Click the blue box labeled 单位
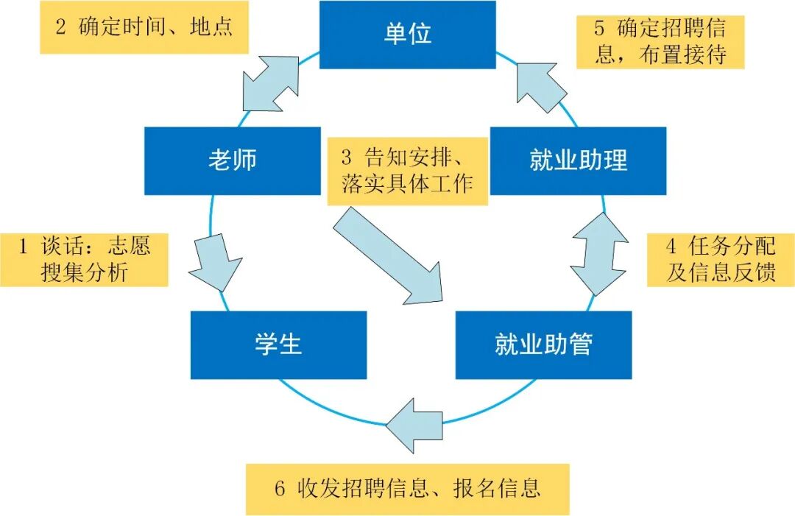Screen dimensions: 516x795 coord(407,35)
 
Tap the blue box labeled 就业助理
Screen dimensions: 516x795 coord(578,160)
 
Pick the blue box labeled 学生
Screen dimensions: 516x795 coord(278,344)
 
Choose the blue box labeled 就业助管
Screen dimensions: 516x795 coord(543,344)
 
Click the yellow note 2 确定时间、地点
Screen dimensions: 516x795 coord(144,27)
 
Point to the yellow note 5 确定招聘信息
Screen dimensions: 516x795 coord(660,42)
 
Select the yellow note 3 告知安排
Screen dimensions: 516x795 coord(407,171)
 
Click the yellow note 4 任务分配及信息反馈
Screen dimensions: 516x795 coord(720,260)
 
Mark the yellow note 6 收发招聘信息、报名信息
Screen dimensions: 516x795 coord(407,489)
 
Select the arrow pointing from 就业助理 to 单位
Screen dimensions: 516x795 coord(542,87)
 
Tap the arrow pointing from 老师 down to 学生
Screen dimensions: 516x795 coord(215,263)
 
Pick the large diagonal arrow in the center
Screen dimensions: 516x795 coord(389,256)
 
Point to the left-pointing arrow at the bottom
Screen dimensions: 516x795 coord(414,425)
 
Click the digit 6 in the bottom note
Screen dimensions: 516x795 coord(279,489)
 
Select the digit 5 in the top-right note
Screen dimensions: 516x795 coord(600,29)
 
